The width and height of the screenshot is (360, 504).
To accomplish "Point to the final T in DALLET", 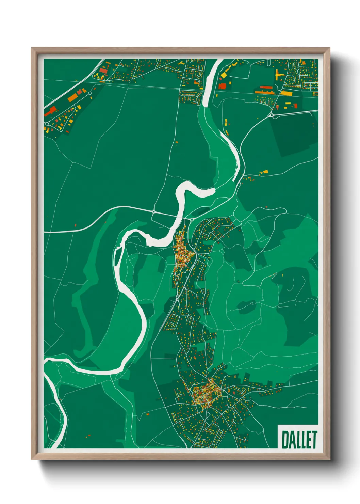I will pos(314,439).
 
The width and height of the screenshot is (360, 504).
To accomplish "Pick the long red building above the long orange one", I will pos(266,88).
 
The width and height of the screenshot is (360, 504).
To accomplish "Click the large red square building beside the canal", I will pos(222,86).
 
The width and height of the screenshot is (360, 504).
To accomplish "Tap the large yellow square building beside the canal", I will pos(224,75).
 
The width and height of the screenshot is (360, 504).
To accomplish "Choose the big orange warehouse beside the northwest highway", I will pos(73,98).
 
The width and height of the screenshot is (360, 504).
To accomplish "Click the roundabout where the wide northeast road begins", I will pos(272,115).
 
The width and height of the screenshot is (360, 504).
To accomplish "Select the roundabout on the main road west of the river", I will pos(154,212).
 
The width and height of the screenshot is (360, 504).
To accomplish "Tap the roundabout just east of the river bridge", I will pos(192,220).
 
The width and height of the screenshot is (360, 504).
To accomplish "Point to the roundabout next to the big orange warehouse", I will pos(90,93).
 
